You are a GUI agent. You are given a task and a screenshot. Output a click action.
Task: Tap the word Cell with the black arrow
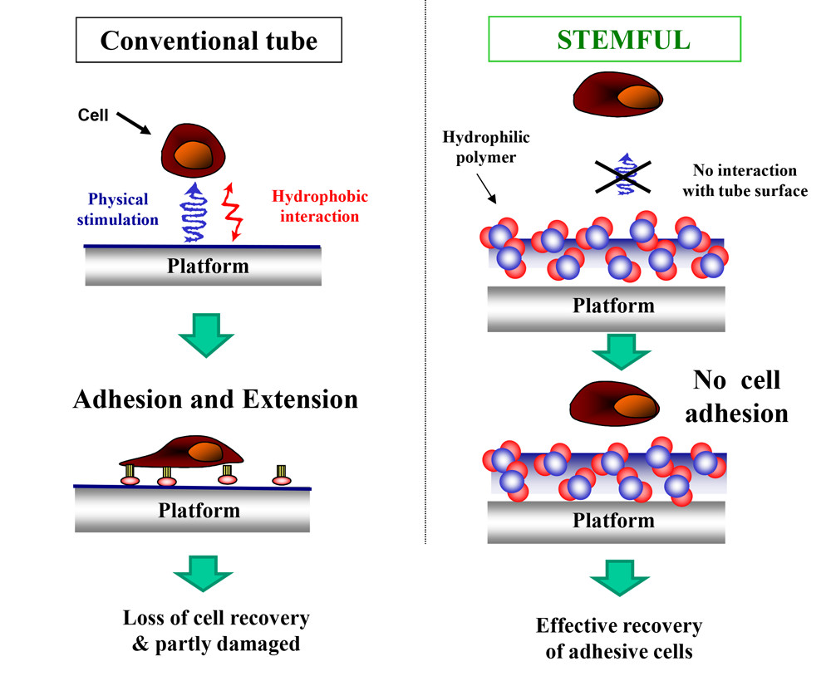pos(93,115)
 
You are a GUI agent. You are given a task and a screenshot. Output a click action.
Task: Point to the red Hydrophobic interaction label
pos(320,207)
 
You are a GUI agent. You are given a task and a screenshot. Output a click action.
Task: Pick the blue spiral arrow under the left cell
pos(194,213)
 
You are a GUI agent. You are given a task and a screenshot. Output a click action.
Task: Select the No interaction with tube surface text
pos(744,181)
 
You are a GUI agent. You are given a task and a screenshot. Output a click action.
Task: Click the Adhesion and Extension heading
pos(215,399)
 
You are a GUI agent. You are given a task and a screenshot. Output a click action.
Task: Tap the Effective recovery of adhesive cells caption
pos(619,638)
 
